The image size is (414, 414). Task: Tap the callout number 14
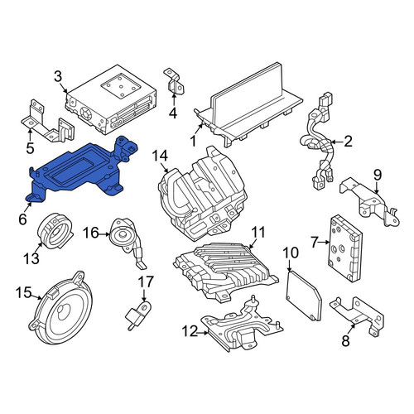pyautogui.click(x=160, y=156)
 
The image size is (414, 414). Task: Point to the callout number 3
pyautogui.click(x=58, y=76)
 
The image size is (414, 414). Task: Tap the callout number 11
pyautogui.click(x=258, y=232)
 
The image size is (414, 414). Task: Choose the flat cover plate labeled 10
pyautogui.click(x=304, y=296)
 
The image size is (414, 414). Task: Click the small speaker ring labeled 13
pyautogui.click(x=55, y=230)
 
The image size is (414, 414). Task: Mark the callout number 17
pyautogui.click(x=146, y=282)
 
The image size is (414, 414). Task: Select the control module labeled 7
pyautogui.click(x=345, y=248)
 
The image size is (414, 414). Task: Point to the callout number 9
pyautogui.click(x=378, y=175)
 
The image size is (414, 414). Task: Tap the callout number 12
pyautogui.click(x=190, y=331)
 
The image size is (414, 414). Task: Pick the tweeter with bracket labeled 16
pyautogui.click(x=128, y=240)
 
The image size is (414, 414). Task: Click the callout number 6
pyautogui.click(x=22, y=219)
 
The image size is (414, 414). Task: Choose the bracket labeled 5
pyautogui.click(x=47, y=122)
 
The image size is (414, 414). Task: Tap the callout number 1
pyautogui.click(x=193, y=141)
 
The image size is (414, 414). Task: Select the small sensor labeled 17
pyautogui.click(x=138, y=315)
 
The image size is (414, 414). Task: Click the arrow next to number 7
pyautogui.click(x=324, y=242)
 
